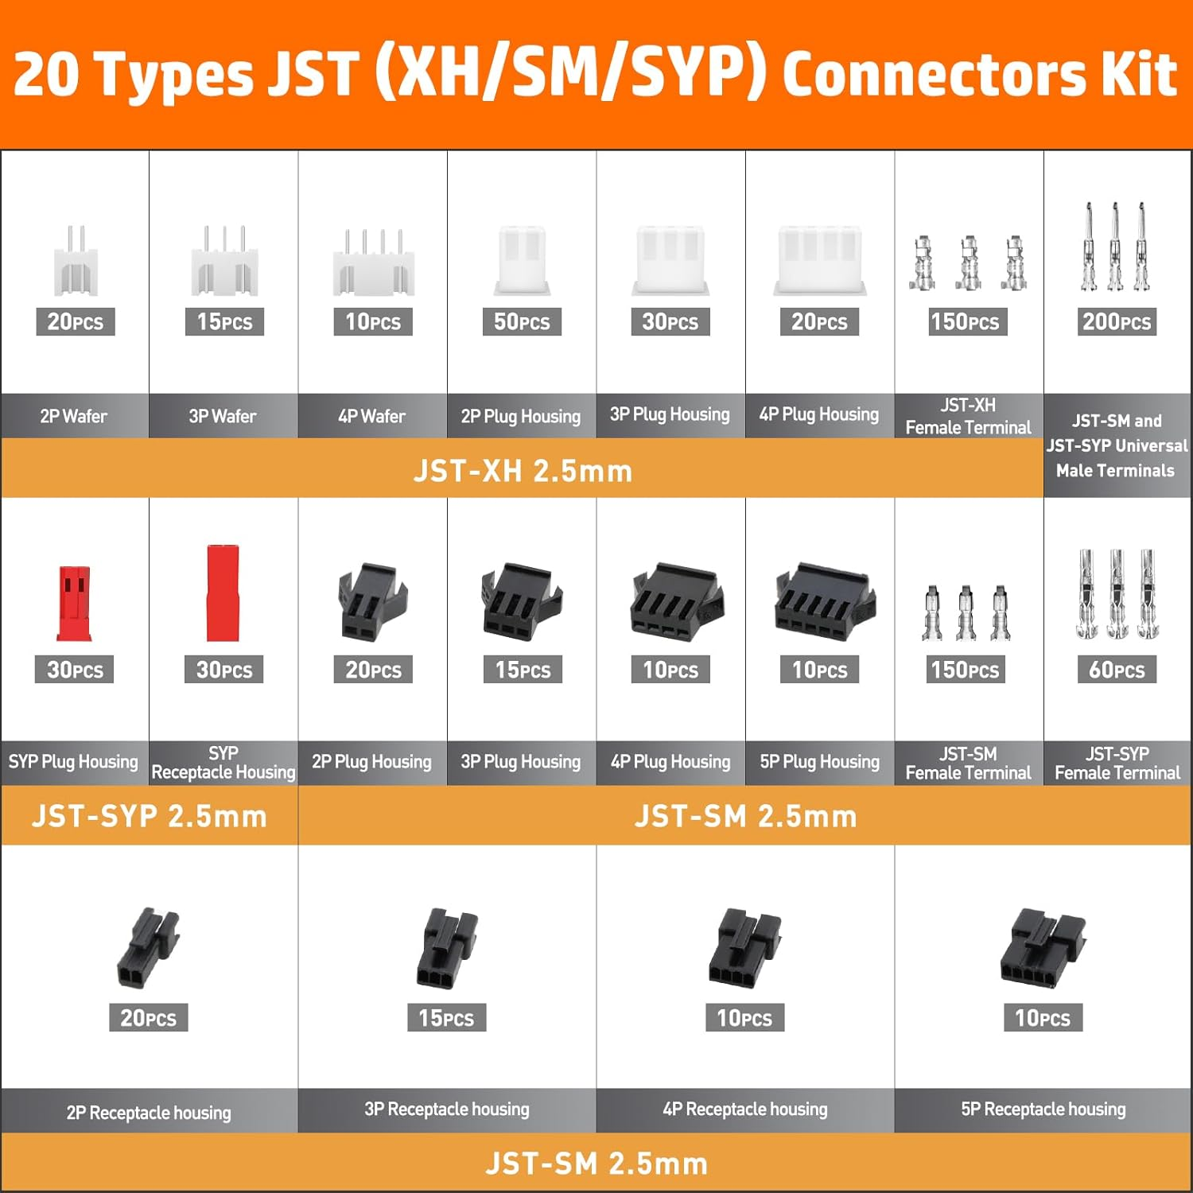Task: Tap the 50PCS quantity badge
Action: coord(522,321)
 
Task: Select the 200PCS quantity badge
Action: coord(1117,321)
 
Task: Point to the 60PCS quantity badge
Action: coord(1117,670)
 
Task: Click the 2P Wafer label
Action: coord(74,416)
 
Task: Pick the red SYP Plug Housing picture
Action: coord(74,603)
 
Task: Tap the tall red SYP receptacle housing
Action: coord(223,593)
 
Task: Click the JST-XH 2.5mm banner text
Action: coord(523,471)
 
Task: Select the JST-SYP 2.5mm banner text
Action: coord(149,816)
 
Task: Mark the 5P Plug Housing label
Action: coord(819,762)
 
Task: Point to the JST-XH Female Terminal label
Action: coord(968,416)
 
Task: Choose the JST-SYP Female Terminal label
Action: coord(1117,763)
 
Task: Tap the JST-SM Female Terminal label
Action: coord(968,763)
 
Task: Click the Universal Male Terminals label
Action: coord(1116,445)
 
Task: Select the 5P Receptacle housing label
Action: coord(1043,1109)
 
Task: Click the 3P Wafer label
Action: coord(223,416)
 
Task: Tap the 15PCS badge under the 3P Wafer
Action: coord(224,321)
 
